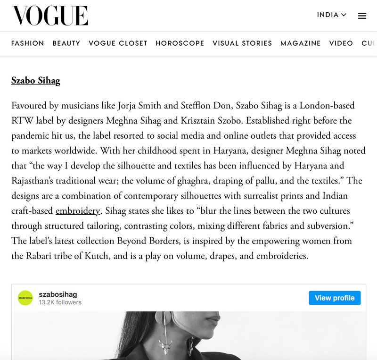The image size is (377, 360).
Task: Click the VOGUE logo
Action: tap(50, 16)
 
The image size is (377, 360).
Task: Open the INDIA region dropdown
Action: tap(331, 15)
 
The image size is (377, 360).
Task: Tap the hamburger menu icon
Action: tap(362, 16)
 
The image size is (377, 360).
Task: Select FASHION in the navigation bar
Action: tap(28, 43)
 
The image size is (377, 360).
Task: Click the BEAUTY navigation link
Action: tap(66, 43)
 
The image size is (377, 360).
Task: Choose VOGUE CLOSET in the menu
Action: tap(118, 43)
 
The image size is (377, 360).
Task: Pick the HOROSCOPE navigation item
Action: tap(180, 43)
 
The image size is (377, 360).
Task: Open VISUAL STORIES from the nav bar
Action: tap(242, 43)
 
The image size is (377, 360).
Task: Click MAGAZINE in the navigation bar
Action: tap(301, 43)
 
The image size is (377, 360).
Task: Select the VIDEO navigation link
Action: tap(341, 43)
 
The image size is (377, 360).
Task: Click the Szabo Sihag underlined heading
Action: tap(36, 81)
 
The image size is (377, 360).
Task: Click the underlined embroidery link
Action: tap(78, 211)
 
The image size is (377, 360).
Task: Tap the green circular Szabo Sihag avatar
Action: tap(25, 298)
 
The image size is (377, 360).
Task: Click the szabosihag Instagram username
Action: tap(58, 294)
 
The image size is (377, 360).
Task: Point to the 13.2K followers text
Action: tap(60, 302)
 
